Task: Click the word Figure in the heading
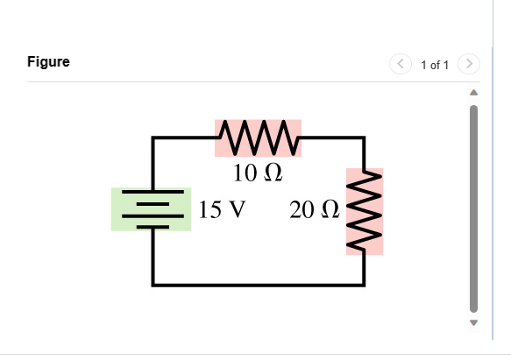click(48, 62)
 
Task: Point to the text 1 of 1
click(435, 65)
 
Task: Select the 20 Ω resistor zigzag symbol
click(364, 212)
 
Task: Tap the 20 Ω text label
click(313, 210)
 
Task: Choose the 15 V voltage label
click(222, 210)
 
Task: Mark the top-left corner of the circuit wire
click(153, 138)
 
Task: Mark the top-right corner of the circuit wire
click(364, 138)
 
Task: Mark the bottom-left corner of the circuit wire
click(153, 284)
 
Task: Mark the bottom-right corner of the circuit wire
click(364, 284)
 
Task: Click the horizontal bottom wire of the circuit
click(259, 284)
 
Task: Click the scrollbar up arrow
click(474, 92)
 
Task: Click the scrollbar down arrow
click(474, 322)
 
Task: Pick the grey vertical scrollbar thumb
click(474, 208)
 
